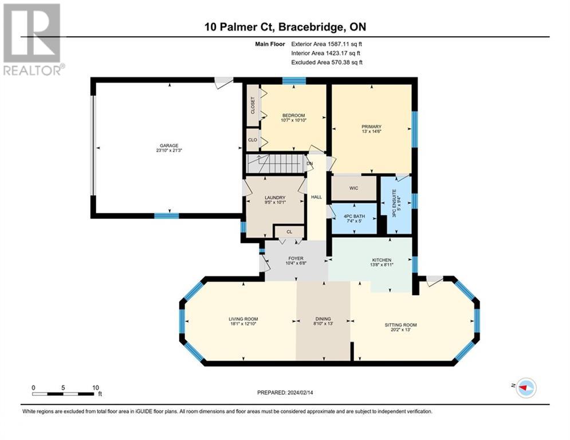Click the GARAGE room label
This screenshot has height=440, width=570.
pyautogui.click(x=169, y=146)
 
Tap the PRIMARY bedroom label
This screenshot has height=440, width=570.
pyautogui.click(x=372, y=127)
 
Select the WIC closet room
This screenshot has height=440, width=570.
pyautogui.click(x=353, y=188)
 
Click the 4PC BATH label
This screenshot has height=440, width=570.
pyautogui.click(x=354, y=216)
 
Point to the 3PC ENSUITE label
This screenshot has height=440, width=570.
pyautogui.click(x=394, y=203)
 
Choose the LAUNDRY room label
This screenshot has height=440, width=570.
pyautogui.click(x=275, y=198)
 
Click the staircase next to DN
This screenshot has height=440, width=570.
pyautogui.click(x=275, y=164)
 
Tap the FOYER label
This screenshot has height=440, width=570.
pyautogui.click(x=296, y=258)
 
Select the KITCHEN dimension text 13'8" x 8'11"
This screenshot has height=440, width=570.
pyautogui.click(x=382, y=265)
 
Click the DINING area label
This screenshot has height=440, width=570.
pyautogui.click(x=323, y=319)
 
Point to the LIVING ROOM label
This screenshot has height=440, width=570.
pyautogui.click(x=243, y=319)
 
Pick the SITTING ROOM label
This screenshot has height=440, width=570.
pyautogui.click(x=400, y=325)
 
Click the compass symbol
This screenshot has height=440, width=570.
pyautogui.click(x=526, y=388)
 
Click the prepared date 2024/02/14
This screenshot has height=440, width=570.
pyautogui.click(x=300, y=392)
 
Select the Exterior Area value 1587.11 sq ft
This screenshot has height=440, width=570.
pyautogui.click(x=345, y=44)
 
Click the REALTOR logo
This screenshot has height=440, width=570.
pyautogui.click(x=33, y=40)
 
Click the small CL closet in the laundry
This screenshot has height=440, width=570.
pyautogui.click(x=289, y=231)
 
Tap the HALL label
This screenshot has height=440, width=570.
pyautogui.click(x=317, y=197)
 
